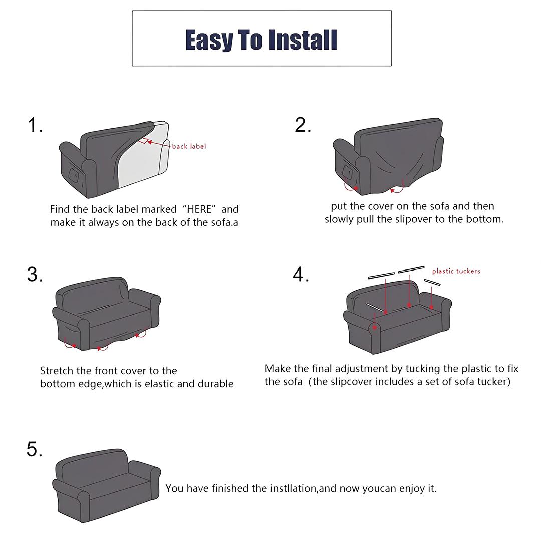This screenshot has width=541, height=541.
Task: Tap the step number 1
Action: click(x=35, y=125)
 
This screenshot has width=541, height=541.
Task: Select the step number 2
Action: click(x=303, y=125)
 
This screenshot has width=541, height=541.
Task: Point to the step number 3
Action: click(x=35, y=275)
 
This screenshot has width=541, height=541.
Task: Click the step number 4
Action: click(x=301, y=275)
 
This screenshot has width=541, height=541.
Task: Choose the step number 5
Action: click(x=35, y=449)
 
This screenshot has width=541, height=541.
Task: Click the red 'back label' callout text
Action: click(x=189, y=146)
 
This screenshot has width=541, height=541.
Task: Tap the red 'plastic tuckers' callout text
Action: click(x=456, y=271)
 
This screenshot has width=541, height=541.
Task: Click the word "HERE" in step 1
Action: click(x=199, y=209)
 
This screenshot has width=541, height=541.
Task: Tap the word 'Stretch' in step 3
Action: click(x=57, y=371)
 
